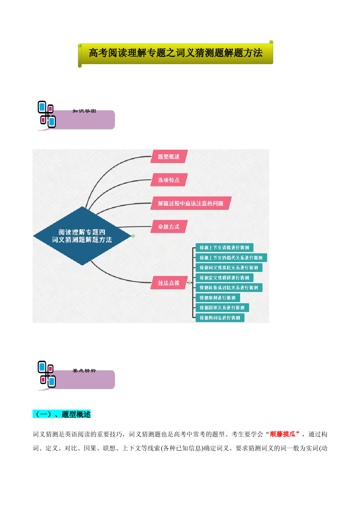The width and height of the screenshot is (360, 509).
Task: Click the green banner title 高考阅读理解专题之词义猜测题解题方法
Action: coord(176,53)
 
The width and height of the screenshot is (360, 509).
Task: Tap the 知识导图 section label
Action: coord(84,111)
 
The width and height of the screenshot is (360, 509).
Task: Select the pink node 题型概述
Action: coord(169,157)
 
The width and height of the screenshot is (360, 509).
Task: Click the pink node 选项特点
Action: coord(169,180)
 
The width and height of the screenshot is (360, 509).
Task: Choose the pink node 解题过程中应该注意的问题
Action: coord(191,203)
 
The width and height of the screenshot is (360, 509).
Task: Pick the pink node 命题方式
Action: coord(169,227)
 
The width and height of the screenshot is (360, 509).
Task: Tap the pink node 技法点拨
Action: coord(169,283)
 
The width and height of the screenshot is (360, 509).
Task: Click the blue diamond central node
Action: coord(82,236)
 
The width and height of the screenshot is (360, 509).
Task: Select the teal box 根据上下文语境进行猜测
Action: coord(224,248)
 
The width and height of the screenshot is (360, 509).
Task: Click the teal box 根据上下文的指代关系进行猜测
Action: coord(231,258)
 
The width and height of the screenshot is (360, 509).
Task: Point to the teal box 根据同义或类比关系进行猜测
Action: coord(229,268)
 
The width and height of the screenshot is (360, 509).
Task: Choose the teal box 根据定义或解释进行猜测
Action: coord(224,278)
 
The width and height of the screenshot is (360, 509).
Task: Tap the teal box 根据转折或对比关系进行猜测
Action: coord(229,288)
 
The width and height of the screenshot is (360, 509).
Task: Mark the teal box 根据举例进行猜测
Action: coord(218,298)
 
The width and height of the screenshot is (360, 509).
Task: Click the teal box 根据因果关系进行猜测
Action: coord(222,308)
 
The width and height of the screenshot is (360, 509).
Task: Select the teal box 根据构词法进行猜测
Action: coord(220,318)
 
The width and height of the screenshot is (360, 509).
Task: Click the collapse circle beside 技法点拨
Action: coord(190,283)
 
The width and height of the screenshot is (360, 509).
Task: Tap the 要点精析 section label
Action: coord(84,371)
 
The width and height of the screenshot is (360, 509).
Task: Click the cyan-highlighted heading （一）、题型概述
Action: coord(62,414)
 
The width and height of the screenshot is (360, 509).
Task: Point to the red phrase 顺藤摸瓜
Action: coord(282,434)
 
